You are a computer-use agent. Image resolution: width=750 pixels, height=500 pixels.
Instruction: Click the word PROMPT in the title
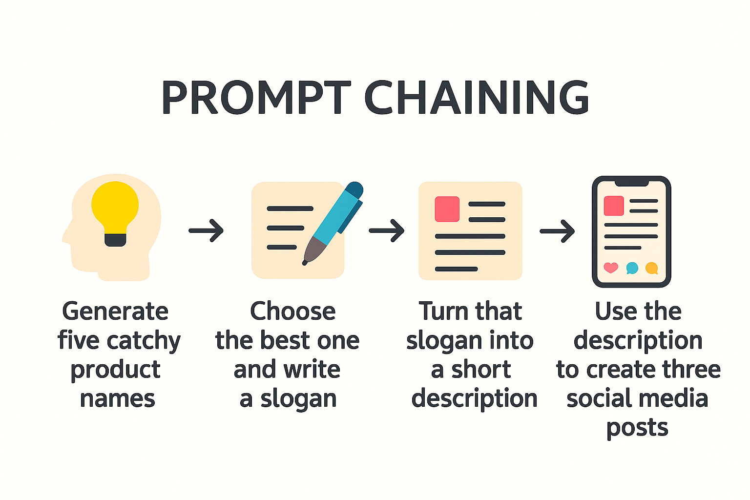click(256, 97)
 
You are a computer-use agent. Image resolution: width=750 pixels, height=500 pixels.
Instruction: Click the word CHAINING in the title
click(477, 97)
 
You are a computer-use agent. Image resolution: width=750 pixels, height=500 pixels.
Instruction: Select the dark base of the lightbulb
click(115, 240)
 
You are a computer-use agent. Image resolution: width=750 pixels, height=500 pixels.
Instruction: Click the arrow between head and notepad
click(206, 230)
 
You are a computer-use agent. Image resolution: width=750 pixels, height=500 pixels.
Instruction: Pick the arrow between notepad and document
click(386, 230)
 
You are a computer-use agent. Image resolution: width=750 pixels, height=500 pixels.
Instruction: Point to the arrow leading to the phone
click(557, 231)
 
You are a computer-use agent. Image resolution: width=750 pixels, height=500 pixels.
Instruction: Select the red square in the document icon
click(447, 209)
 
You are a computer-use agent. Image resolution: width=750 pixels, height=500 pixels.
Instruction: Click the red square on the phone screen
click(614, 206)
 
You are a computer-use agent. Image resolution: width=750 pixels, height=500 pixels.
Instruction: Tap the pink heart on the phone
click(611, 268)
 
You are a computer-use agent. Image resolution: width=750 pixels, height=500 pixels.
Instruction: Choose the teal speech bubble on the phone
click(632, 268)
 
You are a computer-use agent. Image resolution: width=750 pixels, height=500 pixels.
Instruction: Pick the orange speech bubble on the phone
click(651, 268)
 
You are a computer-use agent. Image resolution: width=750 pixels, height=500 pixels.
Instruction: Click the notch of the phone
click(632, 183)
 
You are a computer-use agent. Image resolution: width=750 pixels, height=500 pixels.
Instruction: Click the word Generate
click(115, 312)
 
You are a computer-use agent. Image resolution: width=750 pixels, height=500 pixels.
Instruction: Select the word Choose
click(292, 311)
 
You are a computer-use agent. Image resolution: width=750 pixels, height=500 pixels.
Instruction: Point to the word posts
click(637, 428)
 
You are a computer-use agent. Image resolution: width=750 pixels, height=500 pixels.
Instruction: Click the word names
click(118, 399)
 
